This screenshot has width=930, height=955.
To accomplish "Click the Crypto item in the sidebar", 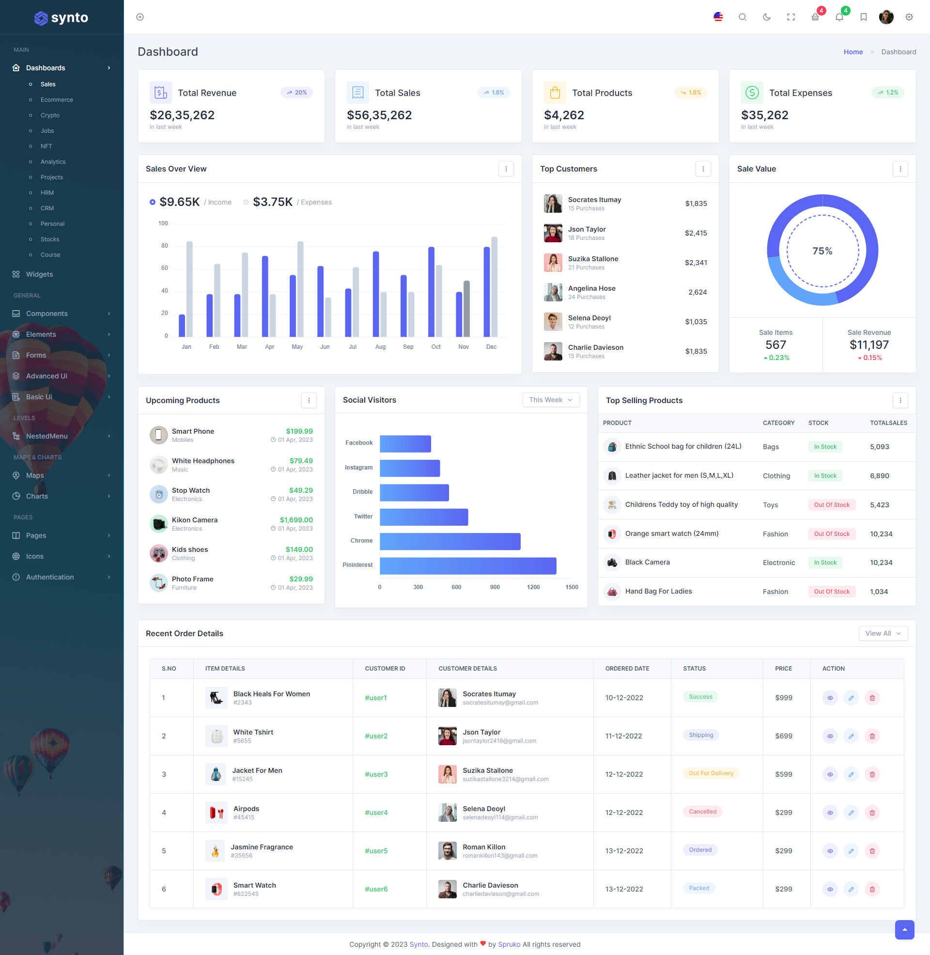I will tap(50, 115).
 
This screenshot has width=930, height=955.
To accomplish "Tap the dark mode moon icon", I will tap(766, 17).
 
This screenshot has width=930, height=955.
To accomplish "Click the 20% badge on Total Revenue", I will tap(296, 93).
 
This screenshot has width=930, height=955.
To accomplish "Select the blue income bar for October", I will tap(431, 292).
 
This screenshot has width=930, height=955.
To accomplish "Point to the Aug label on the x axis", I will tap(380, 347).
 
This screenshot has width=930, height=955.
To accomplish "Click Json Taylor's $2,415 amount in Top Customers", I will tap(696, 233).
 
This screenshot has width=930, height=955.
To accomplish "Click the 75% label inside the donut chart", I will tap(822, 251).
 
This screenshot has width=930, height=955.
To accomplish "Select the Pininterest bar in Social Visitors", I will tap(468, 565).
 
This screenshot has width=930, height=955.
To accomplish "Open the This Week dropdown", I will tap(550, 400).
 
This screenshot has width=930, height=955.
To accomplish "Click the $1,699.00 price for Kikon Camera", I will tap(296, 520).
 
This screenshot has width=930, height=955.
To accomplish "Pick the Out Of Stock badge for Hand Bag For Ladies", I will tap(831, 592).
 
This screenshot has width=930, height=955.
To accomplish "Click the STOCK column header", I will tap(818, 423).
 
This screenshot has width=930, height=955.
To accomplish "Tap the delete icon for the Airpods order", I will tap(872, 813).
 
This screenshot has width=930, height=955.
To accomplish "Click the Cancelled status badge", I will tap(702, 812).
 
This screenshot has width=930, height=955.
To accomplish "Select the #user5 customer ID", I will tap(376, 851).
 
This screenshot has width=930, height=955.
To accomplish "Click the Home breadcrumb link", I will tap(853, 52).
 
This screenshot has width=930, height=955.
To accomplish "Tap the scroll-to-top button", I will tap(904, 930).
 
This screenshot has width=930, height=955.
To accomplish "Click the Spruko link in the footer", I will tap(509, 944).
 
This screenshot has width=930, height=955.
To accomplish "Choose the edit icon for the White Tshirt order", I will tap(851, 736).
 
